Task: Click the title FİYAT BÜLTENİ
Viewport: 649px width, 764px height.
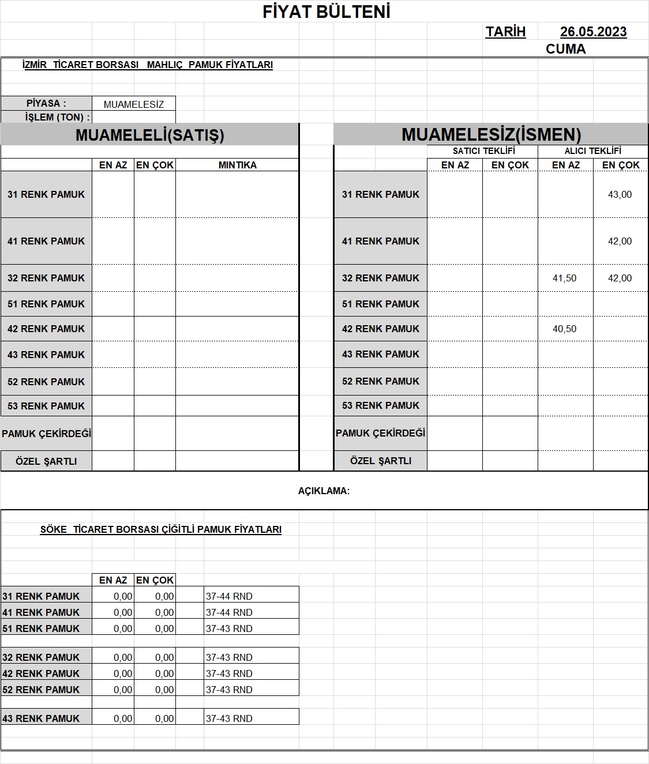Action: click(327, 12)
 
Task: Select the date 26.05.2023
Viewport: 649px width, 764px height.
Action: click(593, 32)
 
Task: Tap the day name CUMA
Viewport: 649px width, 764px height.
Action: click(565, 49)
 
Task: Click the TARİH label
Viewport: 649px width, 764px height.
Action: click(505, 32)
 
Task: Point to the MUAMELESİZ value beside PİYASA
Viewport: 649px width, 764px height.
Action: click(134, 104)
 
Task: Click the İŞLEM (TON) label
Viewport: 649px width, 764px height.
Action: click(57, 117)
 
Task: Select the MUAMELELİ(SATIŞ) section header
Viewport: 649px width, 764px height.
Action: click(149, 135)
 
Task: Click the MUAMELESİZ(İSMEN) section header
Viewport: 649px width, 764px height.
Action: click(491, 135)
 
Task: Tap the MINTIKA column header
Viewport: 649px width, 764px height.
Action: click(237, 165)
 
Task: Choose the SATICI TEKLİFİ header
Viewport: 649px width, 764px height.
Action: click(483, 151)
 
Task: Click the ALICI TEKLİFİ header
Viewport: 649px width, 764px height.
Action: click(592, 151)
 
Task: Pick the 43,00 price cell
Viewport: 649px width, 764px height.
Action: click(620, 195)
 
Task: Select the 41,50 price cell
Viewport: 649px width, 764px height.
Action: click(564, 278)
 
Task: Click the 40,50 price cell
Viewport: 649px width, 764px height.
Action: click(564, 329)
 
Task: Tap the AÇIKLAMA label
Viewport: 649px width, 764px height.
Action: click(324, 491)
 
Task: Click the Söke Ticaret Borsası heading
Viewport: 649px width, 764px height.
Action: click(160, 529)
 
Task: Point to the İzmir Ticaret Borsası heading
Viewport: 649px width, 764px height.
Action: click(147, 65)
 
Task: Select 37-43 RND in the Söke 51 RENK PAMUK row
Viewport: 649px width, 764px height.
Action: click(229, 628)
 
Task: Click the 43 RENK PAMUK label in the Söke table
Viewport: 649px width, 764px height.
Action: click(41, 718)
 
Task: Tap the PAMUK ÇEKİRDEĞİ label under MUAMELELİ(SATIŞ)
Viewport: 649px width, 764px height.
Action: click(46, 434)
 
